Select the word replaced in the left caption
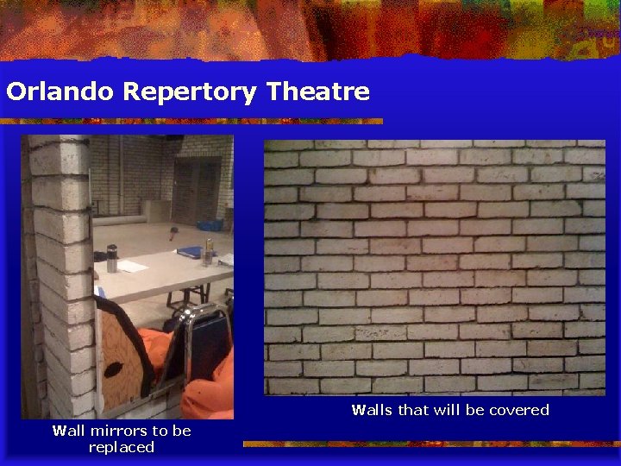[x=122, y=447]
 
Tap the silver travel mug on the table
[x=111, y=258]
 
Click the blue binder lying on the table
[x=189, y=252]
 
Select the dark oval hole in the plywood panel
[x=114, y=369]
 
